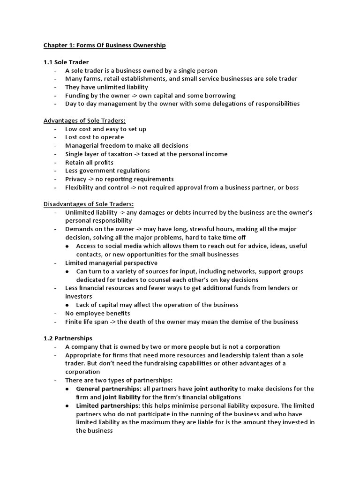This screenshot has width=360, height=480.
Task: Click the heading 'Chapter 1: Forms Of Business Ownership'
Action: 105,45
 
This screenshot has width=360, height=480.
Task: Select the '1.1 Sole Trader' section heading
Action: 66,62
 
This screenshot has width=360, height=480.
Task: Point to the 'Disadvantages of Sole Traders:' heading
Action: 89,204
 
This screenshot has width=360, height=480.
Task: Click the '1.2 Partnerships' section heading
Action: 68,338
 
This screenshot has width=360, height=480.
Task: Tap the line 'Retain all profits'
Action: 90,163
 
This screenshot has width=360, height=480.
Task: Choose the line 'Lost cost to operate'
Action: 95,137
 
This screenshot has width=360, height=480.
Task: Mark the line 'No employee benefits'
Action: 97,313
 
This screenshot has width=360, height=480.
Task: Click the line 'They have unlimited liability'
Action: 106,87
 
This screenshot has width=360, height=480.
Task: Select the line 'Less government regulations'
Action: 107,171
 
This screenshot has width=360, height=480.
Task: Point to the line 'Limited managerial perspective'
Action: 111,263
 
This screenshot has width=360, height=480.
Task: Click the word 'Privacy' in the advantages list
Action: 77,179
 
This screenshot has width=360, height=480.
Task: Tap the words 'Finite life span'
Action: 88,322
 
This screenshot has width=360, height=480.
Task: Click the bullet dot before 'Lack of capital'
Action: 68,305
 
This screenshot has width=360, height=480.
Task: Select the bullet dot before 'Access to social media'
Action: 68,246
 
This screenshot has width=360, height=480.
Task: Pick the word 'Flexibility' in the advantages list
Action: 81,187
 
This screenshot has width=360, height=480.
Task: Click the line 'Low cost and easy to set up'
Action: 105,129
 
